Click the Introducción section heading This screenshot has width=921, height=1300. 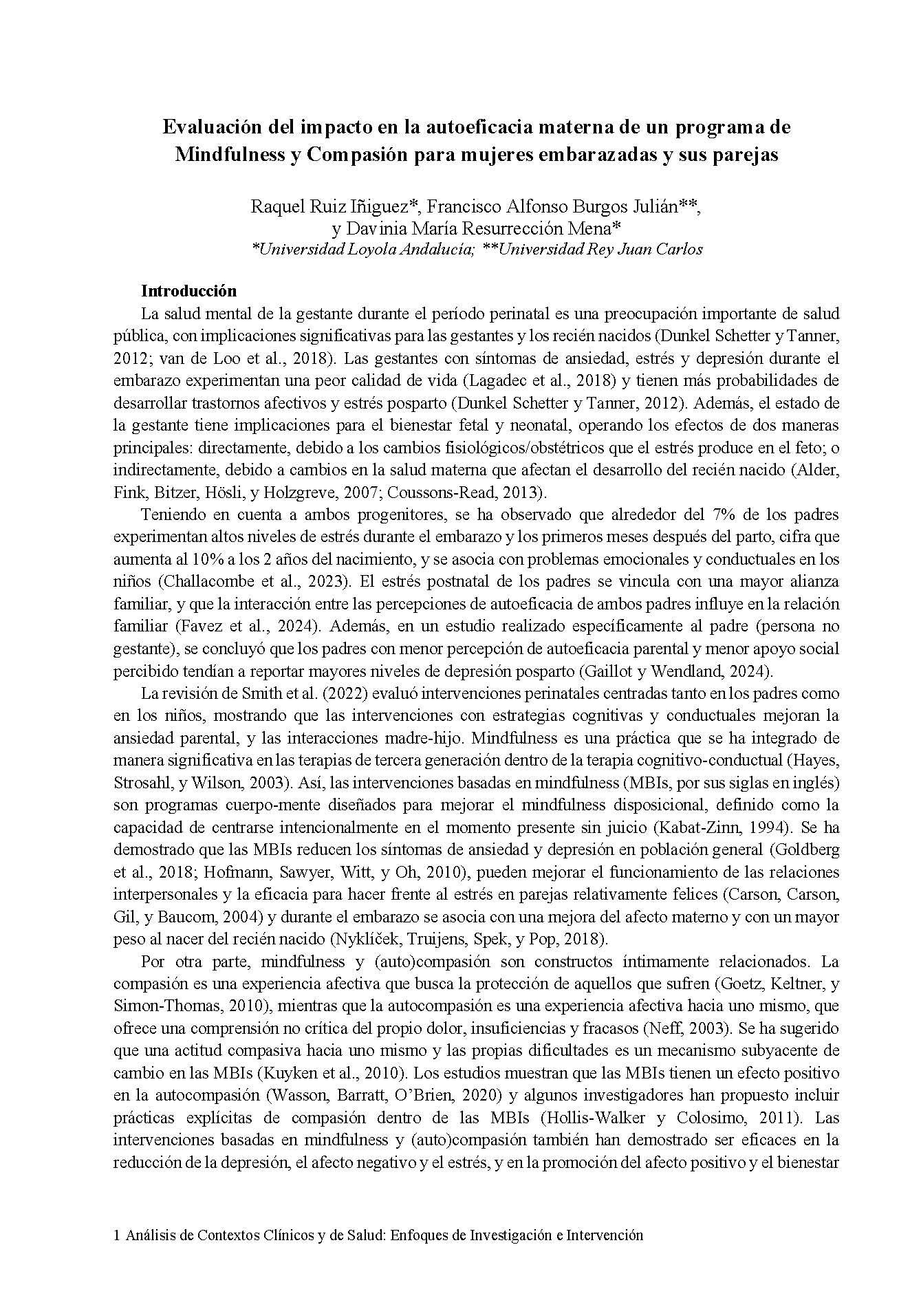pyautogui.click(x=188, y=291)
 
